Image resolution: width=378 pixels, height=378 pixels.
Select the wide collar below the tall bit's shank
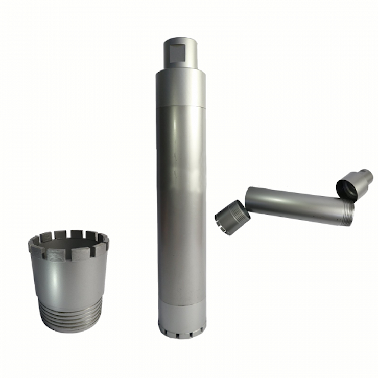click(181, 88)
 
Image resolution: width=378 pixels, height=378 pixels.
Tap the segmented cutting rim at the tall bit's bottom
click(182, 333)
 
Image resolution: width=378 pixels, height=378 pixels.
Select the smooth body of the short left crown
click(66, 278)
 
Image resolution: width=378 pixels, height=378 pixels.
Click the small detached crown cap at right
click(232, 217)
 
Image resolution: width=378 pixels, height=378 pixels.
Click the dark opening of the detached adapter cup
click(347, 190)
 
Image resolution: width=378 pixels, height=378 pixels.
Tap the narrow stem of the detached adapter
click(366, 176)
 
